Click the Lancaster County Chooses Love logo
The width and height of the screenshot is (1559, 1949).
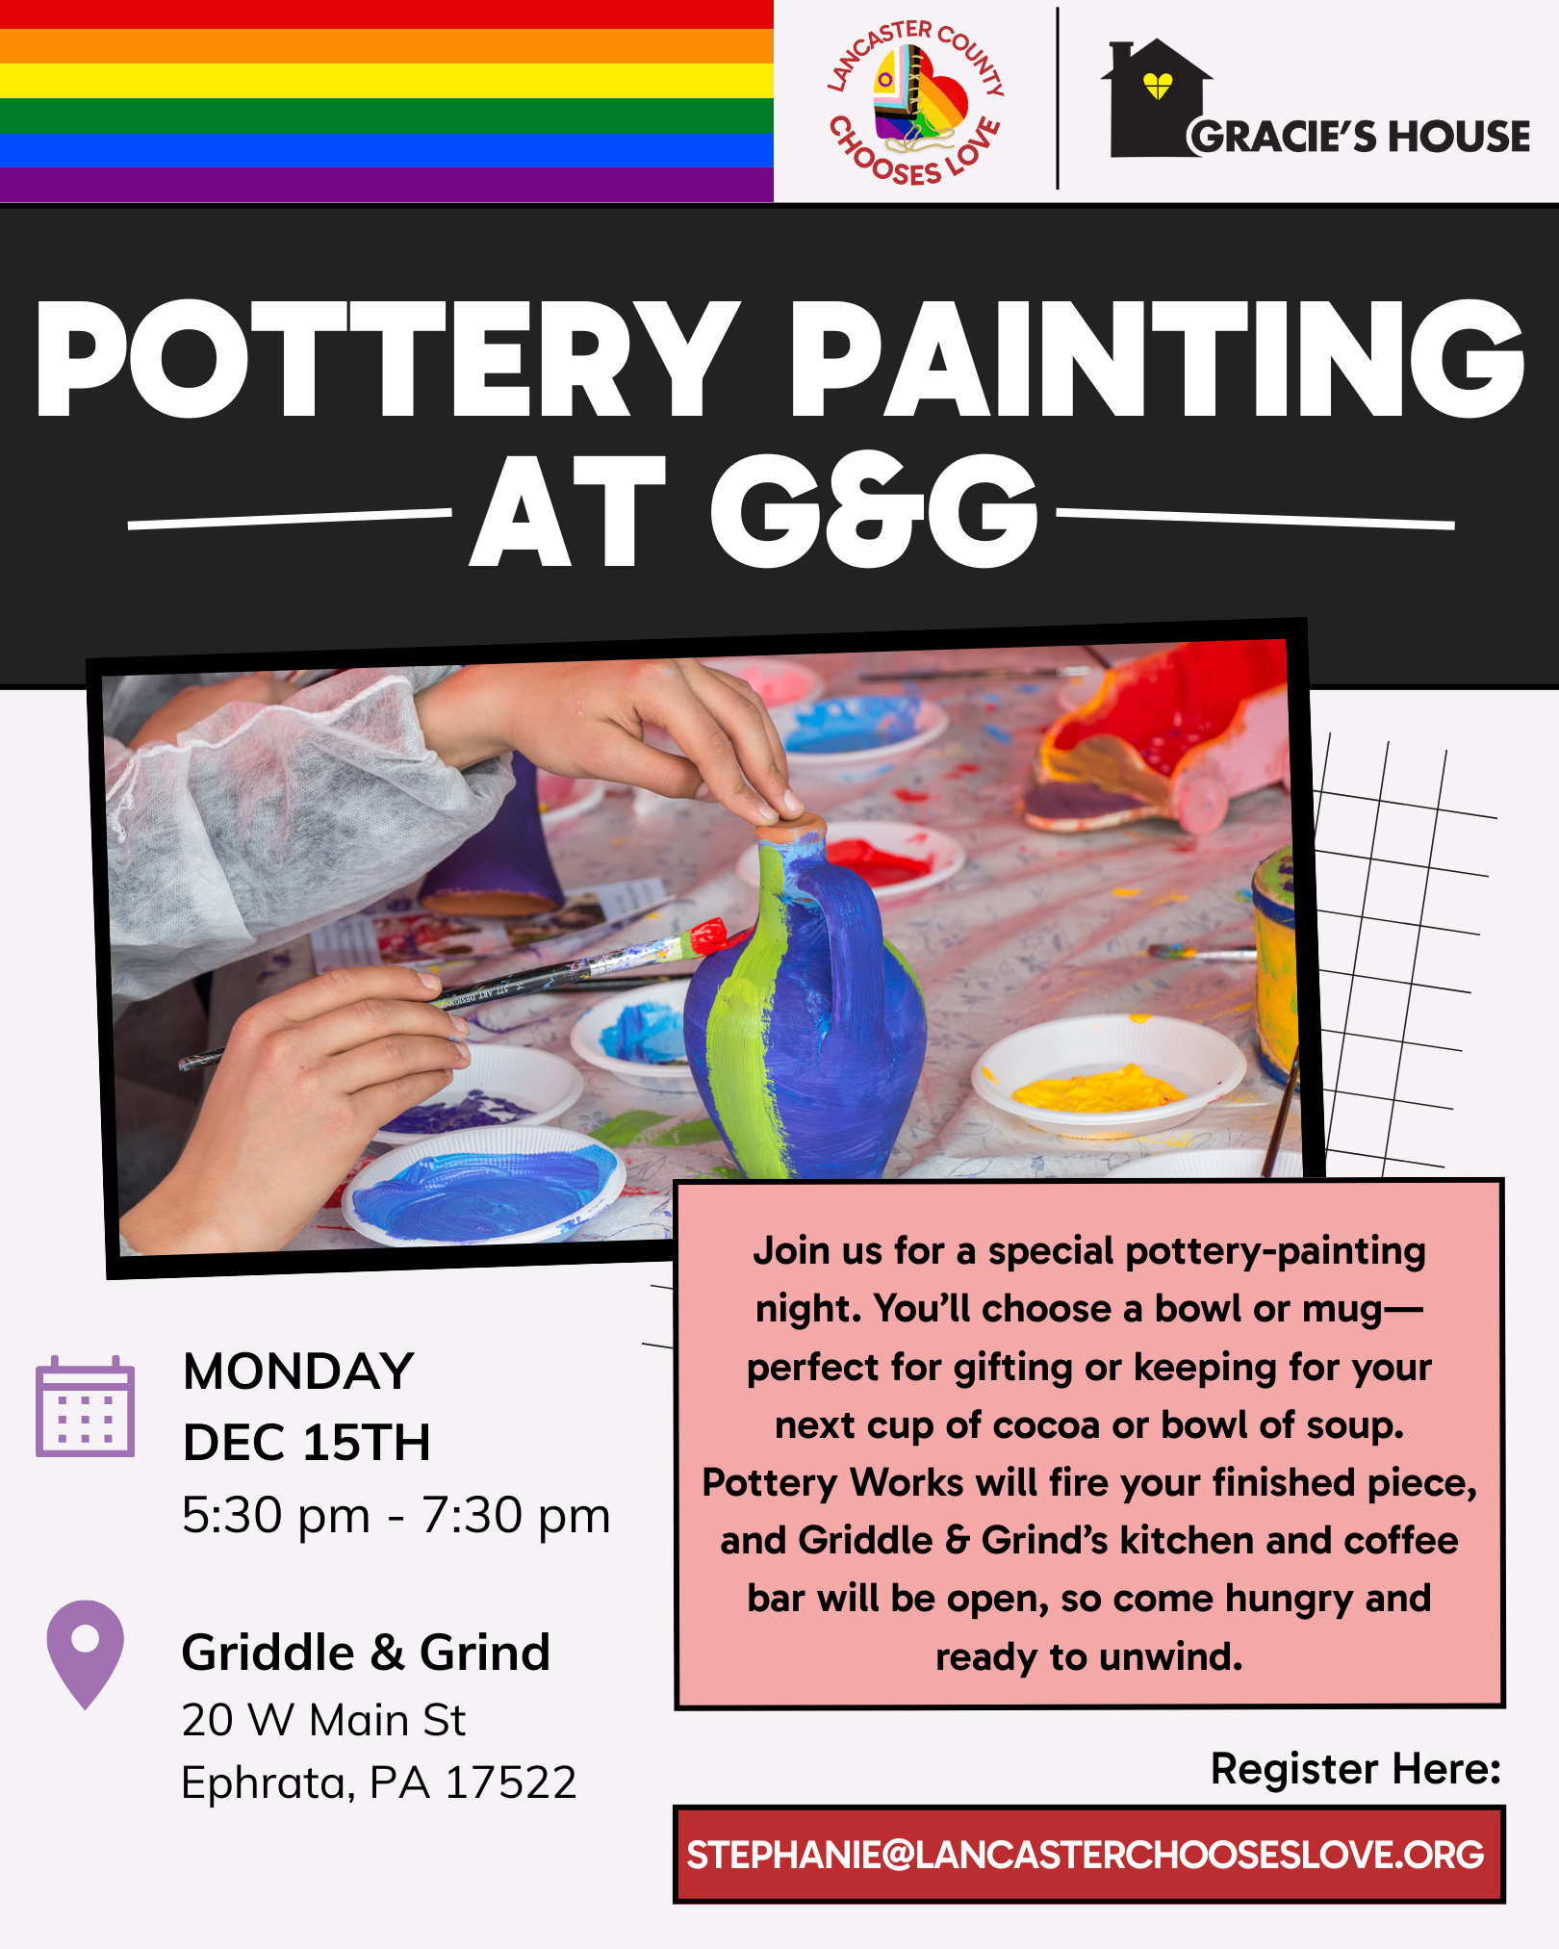point(915,102)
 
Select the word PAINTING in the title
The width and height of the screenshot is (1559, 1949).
point(1157,359)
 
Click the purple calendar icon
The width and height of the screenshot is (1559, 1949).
point(86,1406)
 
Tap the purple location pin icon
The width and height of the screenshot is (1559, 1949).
point(86,1654)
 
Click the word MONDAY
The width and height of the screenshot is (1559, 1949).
point(298,1372)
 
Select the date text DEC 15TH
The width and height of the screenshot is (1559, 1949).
point(307,1443)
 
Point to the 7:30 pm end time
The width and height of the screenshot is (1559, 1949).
point(516,1516)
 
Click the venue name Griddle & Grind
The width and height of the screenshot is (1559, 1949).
point(366,1653)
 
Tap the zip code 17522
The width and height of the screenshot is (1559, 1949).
point(511,1782)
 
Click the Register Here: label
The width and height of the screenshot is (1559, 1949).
point(1356,1769)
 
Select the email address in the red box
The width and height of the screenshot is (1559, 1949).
point(1086,1855)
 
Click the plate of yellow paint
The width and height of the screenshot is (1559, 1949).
point(1109,1076)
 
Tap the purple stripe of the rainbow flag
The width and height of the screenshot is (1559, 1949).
point(386,184)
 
